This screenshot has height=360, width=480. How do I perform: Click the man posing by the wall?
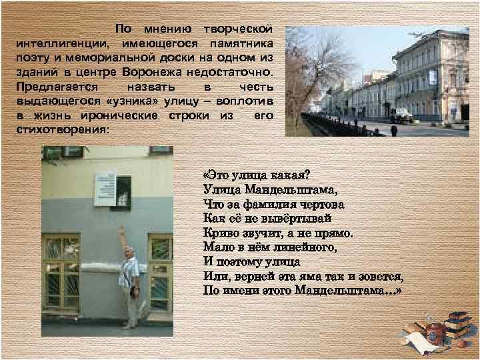131,280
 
